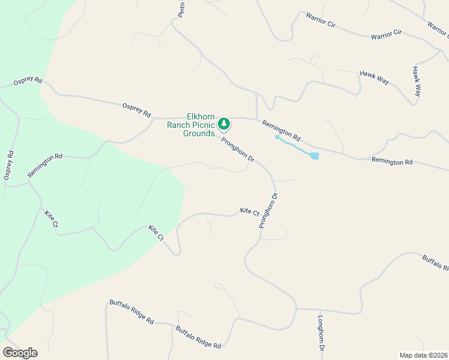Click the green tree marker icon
(x=224, y=124)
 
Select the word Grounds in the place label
(x=199, y=133)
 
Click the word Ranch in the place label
(x=178, y=125)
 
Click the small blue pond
(x=314, y=156)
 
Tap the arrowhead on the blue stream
(x=277, y=137)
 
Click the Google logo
(x=20, y=353)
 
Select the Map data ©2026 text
(x=423, y=355)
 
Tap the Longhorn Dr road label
(x=321, y=334)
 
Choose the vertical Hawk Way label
(x=417, y=82)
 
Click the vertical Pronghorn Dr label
(x=268, y=210)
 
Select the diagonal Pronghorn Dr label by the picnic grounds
(x=238, y=150)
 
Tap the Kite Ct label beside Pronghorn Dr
(x=249, y=212)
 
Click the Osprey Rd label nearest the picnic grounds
(x=136, y=109)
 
